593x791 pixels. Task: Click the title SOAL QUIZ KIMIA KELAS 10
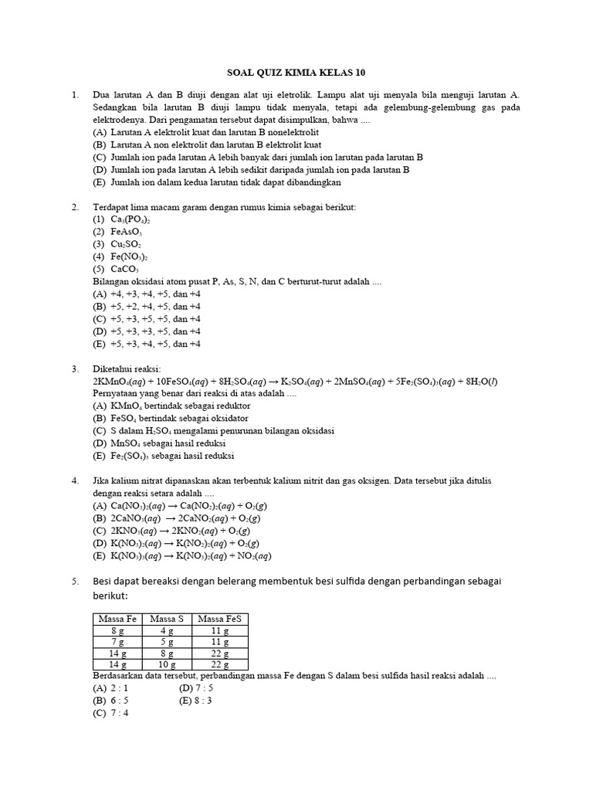click(x=296, y=73)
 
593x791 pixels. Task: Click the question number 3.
click(x=75, y=368)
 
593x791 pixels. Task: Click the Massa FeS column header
click(x=219, y=619)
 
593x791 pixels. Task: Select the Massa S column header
click(x=165, y=619)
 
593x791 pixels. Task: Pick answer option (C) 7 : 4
click(x=110, y=713)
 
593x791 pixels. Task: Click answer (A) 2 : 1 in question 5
click(x=110, y=687)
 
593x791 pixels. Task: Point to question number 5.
click(x=75, y=581)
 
